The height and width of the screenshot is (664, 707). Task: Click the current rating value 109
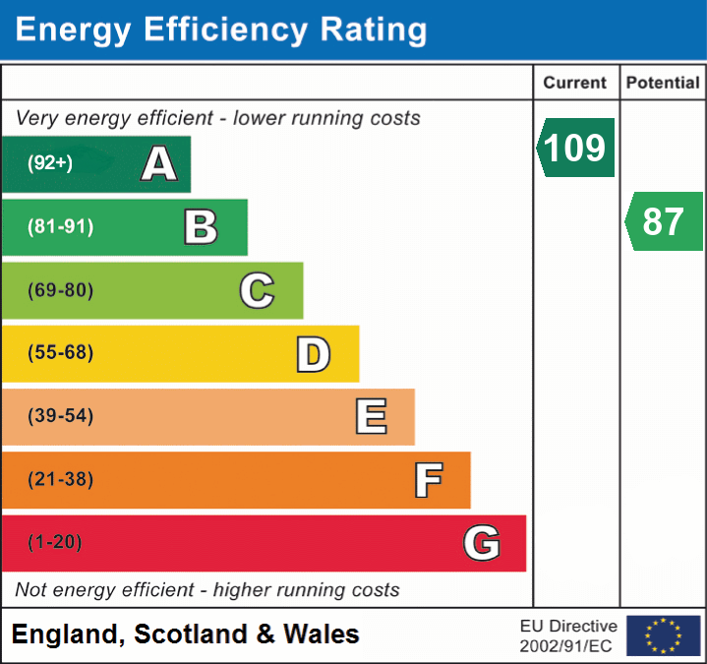click(576, 148)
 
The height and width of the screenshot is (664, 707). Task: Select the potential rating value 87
click(663, 221)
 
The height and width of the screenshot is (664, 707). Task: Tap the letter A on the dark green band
click(159, 164)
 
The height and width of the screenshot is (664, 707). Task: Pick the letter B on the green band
click(201, 227)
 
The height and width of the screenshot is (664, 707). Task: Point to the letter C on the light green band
click(257, 290)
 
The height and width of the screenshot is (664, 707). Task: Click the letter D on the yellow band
click(313, 354)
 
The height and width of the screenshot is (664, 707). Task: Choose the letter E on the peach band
click(370, 417)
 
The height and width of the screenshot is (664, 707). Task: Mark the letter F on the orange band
click(427, 480)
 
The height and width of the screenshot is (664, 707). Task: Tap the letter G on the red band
click(482, 543)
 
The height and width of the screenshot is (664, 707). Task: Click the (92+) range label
click(50, 163)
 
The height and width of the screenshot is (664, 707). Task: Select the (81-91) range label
click(60, 227)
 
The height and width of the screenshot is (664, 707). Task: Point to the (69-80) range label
click(60, 290)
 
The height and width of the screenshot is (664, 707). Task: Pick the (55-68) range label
click(60, 353)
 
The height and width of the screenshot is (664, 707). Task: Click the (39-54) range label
click(60, 416)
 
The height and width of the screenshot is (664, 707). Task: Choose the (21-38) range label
click(60, 479)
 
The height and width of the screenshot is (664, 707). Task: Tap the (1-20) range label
click(55, 542)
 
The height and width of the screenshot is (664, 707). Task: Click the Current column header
click(575, 84)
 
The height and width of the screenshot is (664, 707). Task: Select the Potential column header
click(663, 84)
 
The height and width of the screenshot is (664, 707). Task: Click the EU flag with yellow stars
click(663, 635)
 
